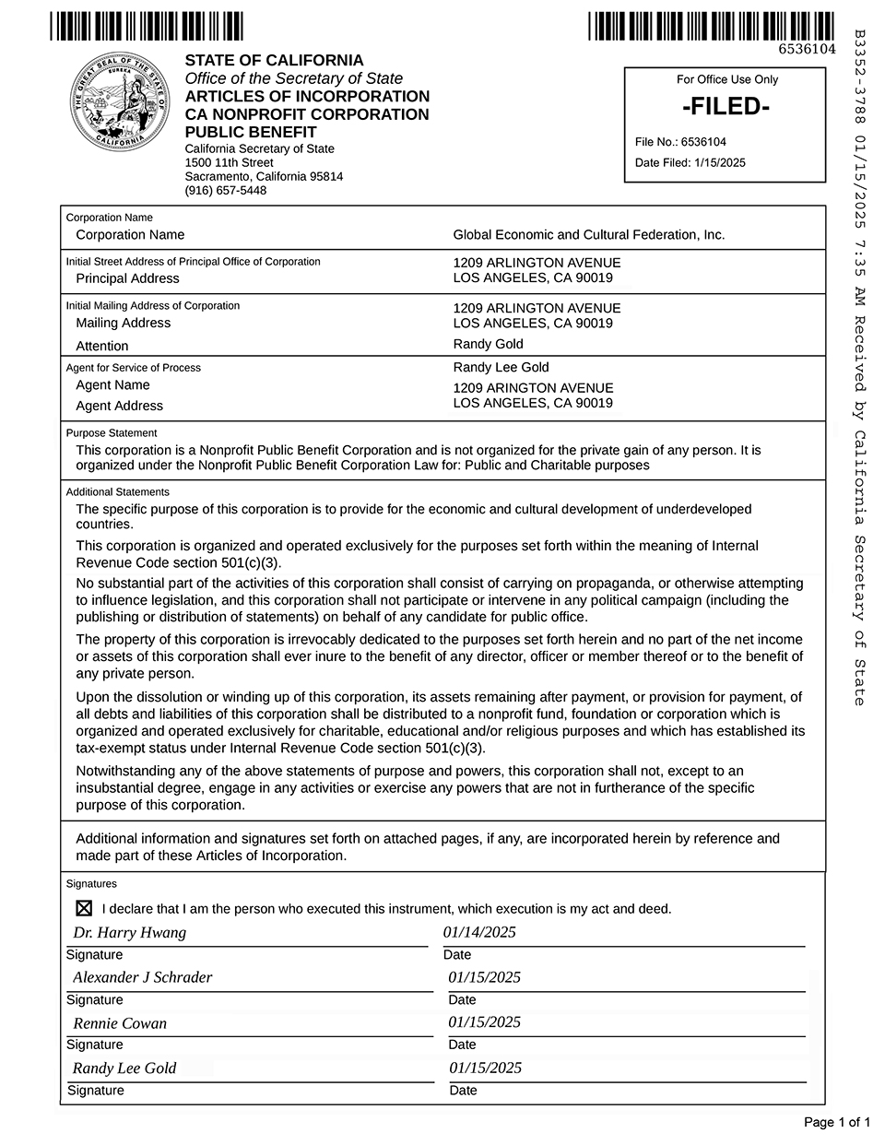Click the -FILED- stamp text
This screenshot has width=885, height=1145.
(726, 107)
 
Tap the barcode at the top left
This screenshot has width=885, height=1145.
(147, 25)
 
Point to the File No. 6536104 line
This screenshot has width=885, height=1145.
(680, 142)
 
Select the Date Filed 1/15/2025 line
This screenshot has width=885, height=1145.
(690, 163)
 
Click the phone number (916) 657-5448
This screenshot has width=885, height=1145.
(226, 191)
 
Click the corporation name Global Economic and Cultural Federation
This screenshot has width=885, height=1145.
(588, 235)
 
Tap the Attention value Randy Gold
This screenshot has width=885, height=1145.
(488, 344)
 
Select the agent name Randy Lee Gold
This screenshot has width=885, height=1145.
(501, 367)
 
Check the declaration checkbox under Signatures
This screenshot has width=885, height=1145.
(84, 908)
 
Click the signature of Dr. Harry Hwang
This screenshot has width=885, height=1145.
(129, 932)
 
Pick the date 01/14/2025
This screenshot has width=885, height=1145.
(479, 932)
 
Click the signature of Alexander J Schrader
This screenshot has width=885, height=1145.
(142, 977)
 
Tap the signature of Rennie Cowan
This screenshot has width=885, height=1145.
(120, 1023)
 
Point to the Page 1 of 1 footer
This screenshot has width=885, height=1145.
(836, 1122)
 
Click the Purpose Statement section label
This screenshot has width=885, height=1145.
(112, 432)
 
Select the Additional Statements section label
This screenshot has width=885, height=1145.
(118, 492)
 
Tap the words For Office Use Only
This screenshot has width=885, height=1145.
(726, 79)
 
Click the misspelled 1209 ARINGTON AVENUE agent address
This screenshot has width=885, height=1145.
(533, 388)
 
